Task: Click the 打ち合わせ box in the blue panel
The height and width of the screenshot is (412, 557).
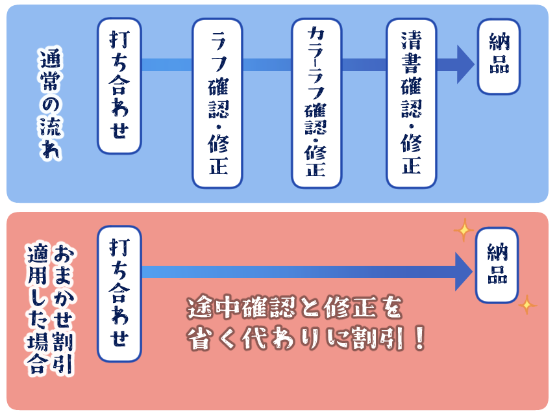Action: click(119, 86)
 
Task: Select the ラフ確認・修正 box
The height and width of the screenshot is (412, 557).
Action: click(217, 103)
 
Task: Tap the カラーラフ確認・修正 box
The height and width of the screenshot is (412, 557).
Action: click(316, 103)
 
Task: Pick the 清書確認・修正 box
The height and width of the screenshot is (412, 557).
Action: click(412, 103)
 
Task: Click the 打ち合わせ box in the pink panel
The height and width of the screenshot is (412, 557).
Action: click(119, 294)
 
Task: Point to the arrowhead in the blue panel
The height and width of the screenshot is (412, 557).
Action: click(465, 64)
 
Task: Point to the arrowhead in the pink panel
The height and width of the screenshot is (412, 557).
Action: click(463, 272)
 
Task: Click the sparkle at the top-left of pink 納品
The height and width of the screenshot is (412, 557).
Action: click(464, 229)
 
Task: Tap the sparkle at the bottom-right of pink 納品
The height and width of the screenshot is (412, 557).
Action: click(526, 304)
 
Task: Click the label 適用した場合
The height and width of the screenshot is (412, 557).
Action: click(38, 309)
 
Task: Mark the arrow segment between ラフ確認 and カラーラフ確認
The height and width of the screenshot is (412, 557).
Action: click(267, 64)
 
